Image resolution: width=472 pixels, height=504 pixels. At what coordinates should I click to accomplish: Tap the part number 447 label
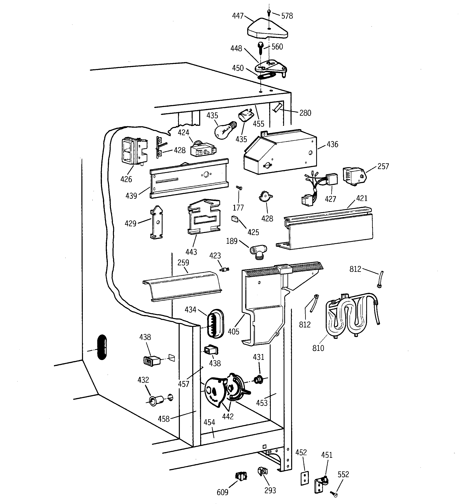(238, 16)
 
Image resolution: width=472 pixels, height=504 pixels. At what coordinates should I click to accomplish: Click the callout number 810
(318, 348)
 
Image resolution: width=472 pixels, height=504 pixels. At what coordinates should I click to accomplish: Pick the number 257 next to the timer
(383, 166)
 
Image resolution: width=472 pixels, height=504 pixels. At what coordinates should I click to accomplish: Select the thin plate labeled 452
(305, 478)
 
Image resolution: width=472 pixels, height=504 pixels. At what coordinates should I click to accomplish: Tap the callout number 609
(222, 492)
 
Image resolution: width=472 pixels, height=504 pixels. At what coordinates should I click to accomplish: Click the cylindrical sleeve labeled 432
(155, 401)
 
